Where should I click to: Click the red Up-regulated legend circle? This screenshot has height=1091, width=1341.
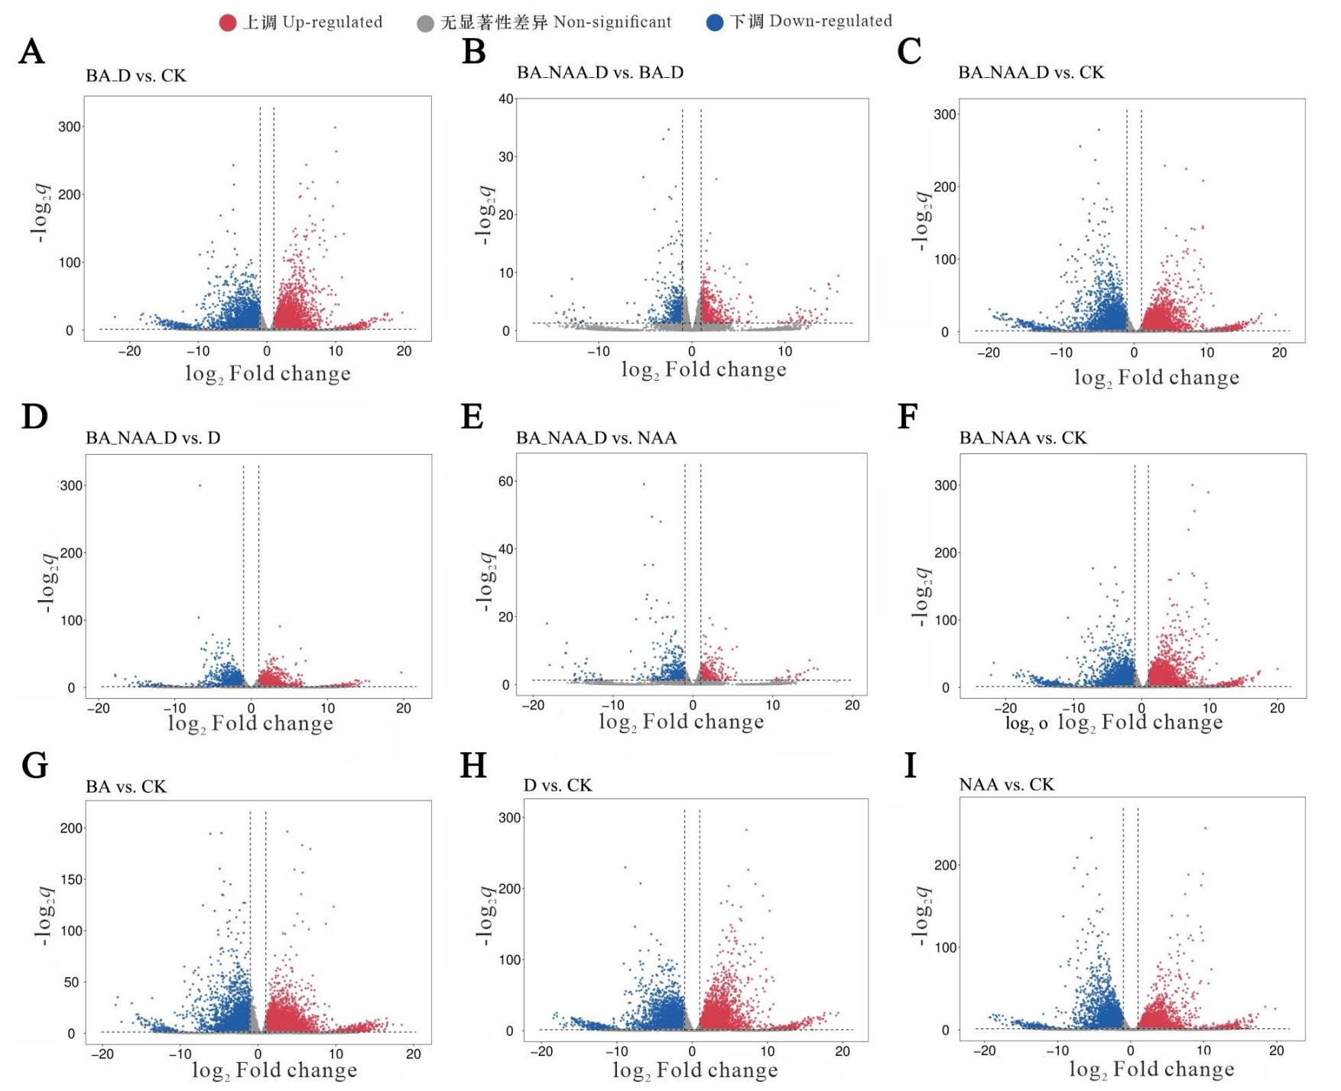coord(228,23)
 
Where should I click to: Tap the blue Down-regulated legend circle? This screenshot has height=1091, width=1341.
coord(715,22)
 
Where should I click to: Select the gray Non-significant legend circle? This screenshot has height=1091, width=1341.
coord(426,24)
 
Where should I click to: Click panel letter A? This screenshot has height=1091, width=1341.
coord(31,52)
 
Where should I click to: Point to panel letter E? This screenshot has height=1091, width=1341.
coord(472,417)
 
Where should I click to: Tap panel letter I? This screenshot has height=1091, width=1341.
coord(910,765)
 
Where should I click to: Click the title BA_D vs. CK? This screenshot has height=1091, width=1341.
coord(136,76)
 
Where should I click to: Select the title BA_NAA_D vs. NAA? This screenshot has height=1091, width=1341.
coord(596,438)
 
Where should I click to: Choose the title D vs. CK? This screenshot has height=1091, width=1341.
coord(557,785)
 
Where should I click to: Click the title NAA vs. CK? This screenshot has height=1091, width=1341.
coord(1007,784)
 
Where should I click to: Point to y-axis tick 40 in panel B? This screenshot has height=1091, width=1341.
coord(506,99)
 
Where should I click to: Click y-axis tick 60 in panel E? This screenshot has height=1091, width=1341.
coord(506,482)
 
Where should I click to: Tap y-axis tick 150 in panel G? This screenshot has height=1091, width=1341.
coord(72,879)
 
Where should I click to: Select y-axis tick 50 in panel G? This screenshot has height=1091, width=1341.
coord(71,982)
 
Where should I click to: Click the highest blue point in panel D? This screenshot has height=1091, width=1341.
coord(200,485)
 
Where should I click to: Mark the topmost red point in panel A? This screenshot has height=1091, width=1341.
coord(335,128)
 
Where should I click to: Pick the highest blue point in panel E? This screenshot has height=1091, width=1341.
coord(644,484)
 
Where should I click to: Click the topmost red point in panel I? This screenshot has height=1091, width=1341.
coord(1206,828)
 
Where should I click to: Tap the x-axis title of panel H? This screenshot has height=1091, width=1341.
coord(695,1070)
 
